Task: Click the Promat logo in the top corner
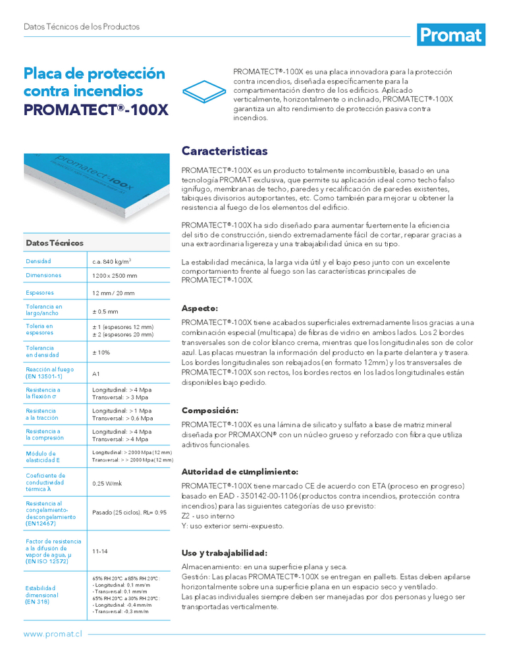tap(451, 35)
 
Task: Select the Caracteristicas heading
tap(225, 151)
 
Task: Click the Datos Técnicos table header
tap(49, 243)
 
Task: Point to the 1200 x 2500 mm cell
tap(115, 276)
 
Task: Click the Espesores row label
tap(40, 293)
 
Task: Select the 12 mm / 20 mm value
tap(113, 293)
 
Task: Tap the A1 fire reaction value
tap(96, 374)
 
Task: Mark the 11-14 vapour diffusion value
tap(101, 551)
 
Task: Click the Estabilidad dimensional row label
tap(42, 595)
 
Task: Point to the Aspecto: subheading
tap(200, 308)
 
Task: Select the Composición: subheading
tap(209, 410)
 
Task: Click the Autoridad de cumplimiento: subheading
tap(240, 472)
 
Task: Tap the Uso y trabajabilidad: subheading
tap(224, 553)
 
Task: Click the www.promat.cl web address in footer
tap(52, 634)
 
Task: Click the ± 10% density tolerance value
tap(101, 353)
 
